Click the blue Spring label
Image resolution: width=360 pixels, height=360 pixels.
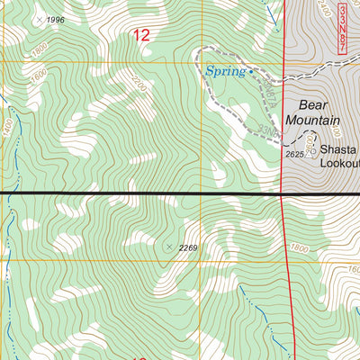pyautogui.click(x=224, y=71)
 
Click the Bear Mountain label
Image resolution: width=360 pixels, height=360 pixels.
pyautogui.click(x=312, y=112)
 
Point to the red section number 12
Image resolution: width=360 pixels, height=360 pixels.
pyautogui.click(x=141, y=35)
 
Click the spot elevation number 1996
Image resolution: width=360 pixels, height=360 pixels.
pyautogui.click(x=56, y=20)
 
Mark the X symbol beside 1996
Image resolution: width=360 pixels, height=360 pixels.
pyautogui.click(x=37, y=19)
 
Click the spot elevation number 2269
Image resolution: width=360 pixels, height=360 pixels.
pyautogui.click(x=187, y=247)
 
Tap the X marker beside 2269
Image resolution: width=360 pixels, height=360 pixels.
pyautogui.click(x=168, y=245)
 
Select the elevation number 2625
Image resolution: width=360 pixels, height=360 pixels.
pyautogui.click(x=295, y=155)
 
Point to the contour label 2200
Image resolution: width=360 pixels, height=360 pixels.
pyautogui.click(x=138, y=86)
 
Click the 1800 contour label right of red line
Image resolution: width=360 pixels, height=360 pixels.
pyautogui.click(x=300, y=248)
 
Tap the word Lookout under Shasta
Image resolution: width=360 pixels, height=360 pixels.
pyautogui.click(x=340, y=163)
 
